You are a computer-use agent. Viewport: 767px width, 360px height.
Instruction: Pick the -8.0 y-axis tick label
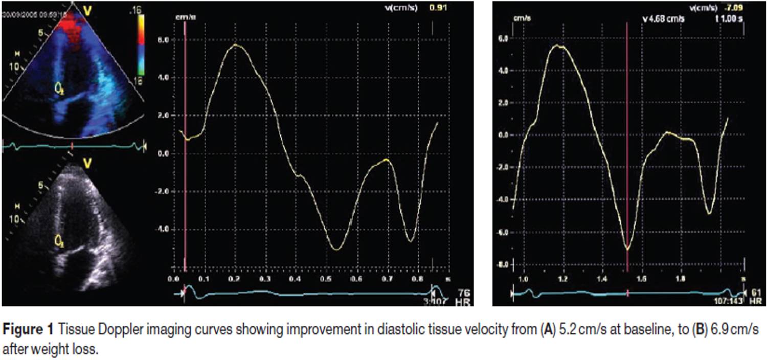(503, 264)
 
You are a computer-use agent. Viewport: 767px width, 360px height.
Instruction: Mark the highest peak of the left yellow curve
(235, 45)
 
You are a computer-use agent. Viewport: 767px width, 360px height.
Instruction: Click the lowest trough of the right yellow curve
(627, 249)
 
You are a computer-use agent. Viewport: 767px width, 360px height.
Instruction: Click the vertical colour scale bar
(141, 44)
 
